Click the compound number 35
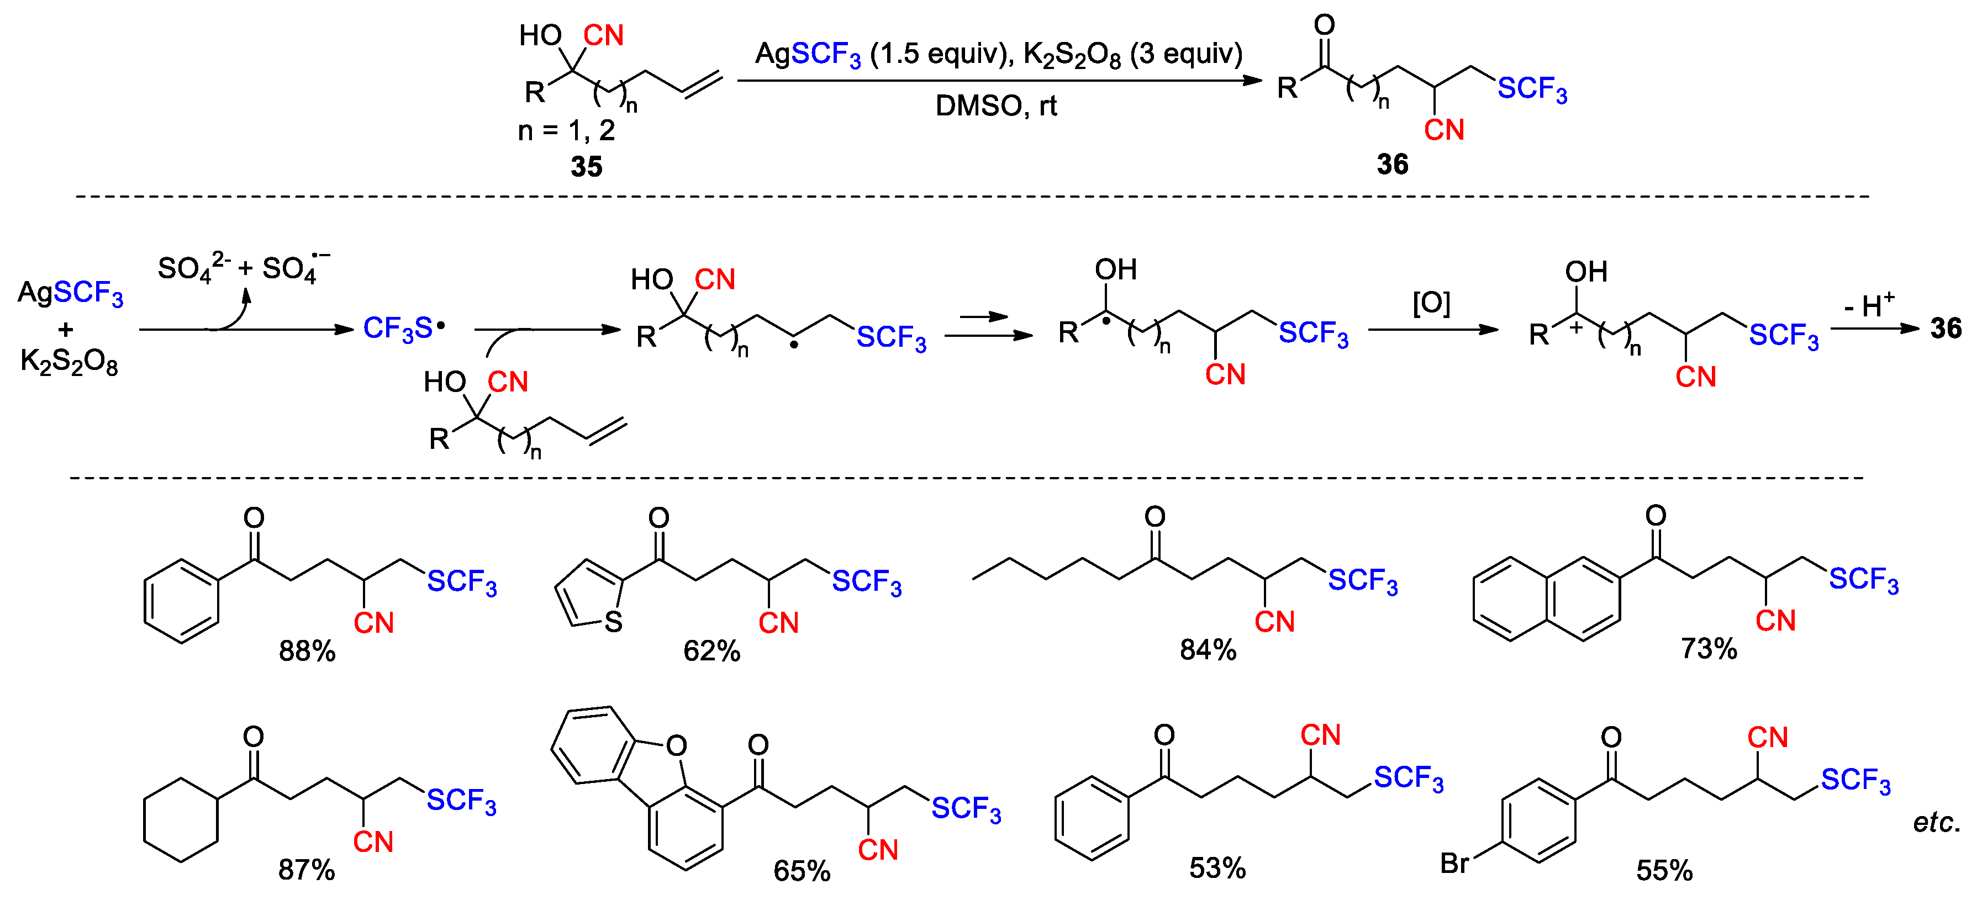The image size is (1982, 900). [586, 166]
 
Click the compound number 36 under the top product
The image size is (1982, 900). [1392, 164]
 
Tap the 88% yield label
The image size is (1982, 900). [307, 651]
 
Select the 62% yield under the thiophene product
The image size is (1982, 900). [711, 651]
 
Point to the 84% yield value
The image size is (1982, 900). [1208, 650]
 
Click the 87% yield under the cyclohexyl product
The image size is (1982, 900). [306, 869]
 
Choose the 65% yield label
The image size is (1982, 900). [802, 871]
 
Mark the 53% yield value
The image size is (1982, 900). [1217, 867]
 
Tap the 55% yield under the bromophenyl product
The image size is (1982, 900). [1664, 870]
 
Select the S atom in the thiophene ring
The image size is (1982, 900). [613, 622]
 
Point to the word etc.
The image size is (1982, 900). [1937, 822]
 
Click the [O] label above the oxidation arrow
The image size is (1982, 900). [1431, 303]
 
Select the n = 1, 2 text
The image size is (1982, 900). [566, 131]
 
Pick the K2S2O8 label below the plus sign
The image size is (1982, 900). [69, 361]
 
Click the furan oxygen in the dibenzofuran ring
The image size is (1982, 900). [676, 745]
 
